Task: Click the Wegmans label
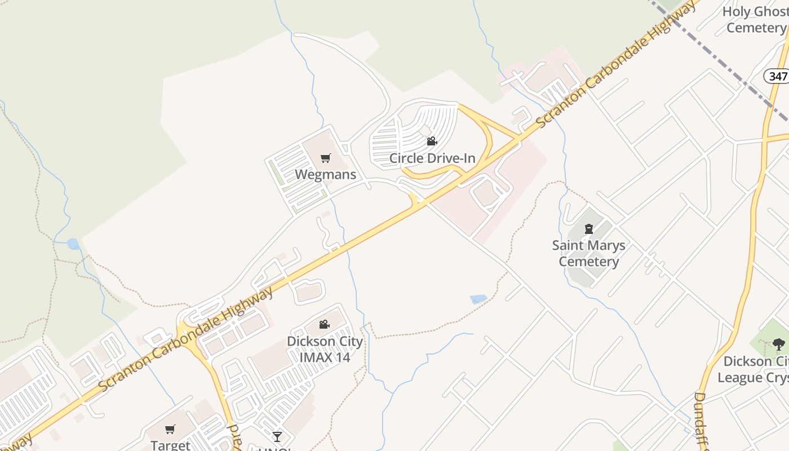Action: click(x=325, y=174)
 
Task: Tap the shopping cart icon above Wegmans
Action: click(x=325, y=158)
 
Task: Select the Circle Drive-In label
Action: click(x=432, y=158)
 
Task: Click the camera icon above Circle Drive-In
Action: click(x=432, y=142)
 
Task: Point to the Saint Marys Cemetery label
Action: click(x=588, y=254)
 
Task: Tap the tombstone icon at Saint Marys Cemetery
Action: click(x=589, y=229)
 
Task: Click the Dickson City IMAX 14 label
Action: click(x=325, y=349)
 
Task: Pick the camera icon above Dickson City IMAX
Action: click(x=324, y=325)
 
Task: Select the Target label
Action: click(x=170, y=445)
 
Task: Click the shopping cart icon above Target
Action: click(x=170, y=430)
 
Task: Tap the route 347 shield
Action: click(x=777, y=76)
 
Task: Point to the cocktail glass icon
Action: click(x=277, y=436)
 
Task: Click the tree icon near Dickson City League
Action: click(x=778, y=344)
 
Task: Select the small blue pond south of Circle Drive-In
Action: click(x=478, y=299)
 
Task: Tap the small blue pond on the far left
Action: click(x=73, y=244)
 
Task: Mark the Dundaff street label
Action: click(x=699, y=420)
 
